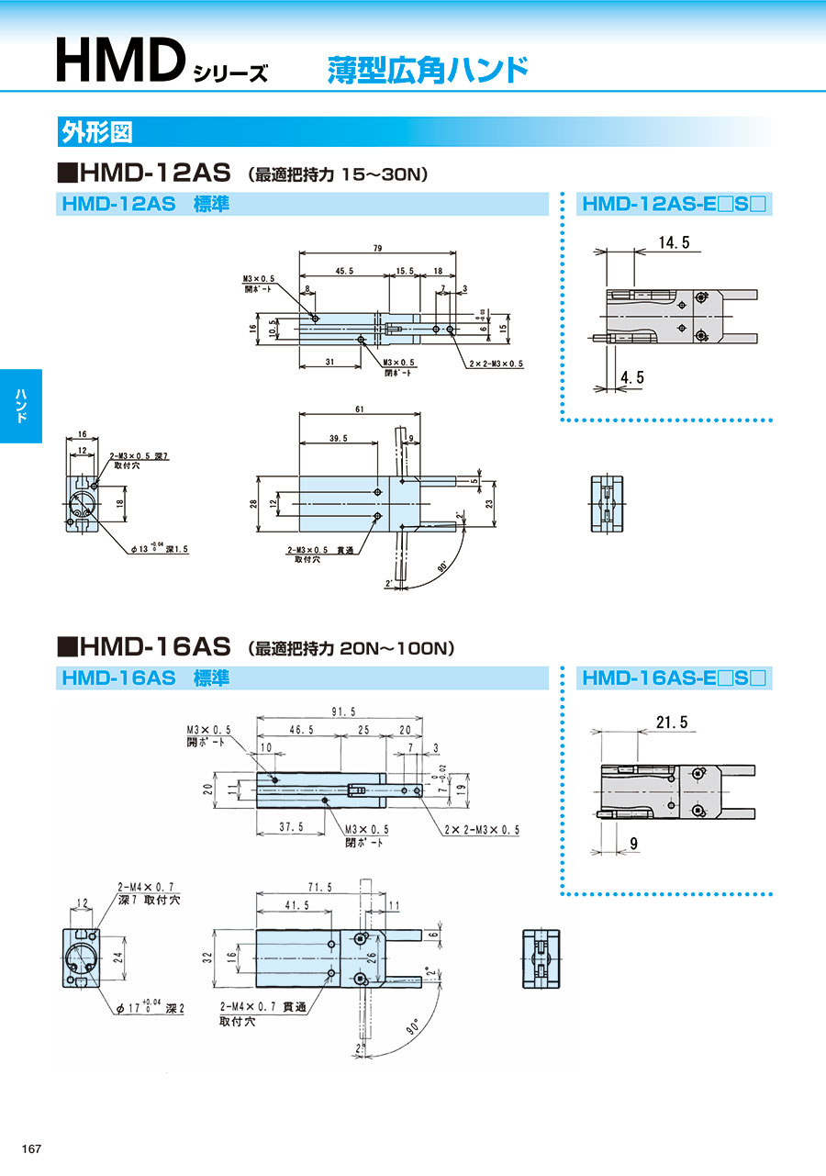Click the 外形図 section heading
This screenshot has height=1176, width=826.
96,132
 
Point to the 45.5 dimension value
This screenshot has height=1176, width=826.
344,272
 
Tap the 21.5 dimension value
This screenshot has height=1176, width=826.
673,722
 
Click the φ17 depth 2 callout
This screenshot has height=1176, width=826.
151,1008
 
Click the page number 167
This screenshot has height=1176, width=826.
32,1148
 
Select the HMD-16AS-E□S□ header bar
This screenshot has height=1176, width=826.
675,678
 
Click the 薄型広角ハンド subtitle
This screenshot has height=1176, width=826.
428,70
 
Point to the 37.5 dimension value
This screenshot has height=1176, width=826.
291,827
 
